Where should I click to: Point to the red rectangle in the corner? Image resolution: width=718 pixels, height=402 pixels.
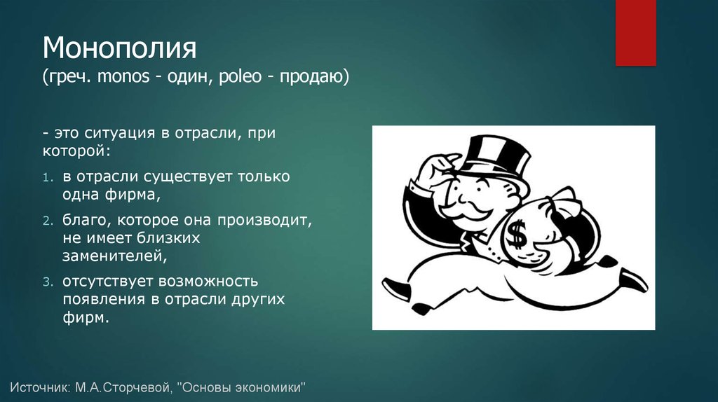click(635, 32)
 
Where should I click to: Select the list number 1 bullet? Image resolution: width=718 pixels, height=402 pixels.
click(47, 179)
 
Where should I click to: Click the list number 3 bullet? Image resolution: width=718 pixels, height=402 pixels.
click(47, 282)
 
